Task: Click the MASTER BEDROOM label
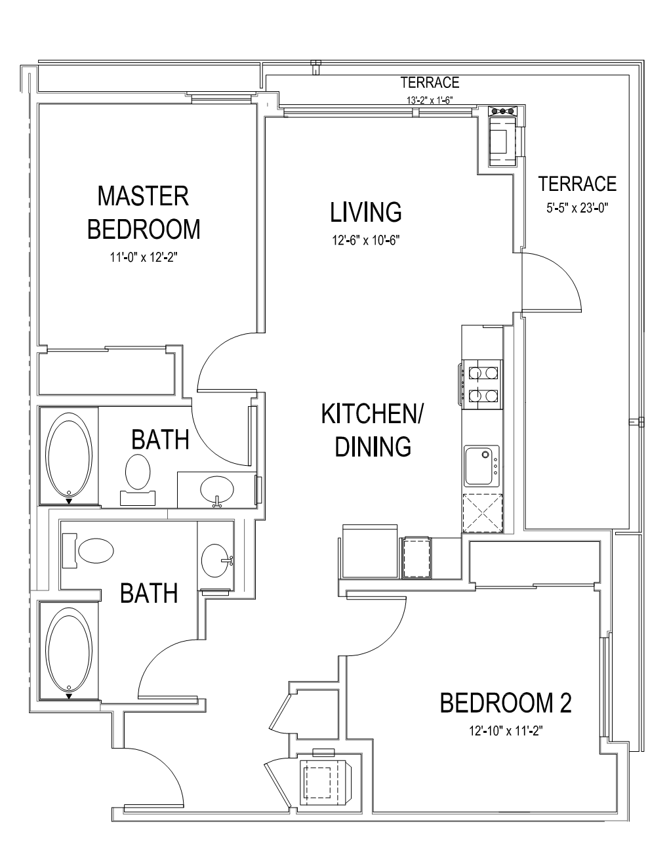pyautogui.click(x=144, y=213)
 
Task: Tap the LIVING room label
pyautogui.click(x=366, y=212)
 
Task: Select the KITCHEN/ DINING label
pyautogui.click(x=373, y=430)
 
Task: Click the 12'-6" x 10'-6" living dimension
pyautogui.click(x=366, y=240)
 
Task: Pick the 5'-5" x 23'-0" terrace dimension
pyautogui.click(x=577, y=208)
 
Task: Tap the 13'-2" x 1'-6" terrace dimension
pyautogui.click(x=430, y=100)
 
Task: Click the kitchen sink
pyautogui.click(x=481, y=466)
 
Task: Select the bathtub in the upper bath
pyautogui.click(x=70, y=456)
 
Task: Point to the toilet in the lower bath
pyautogui.click(x=88, y=551)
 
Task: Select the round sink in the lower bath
pyautogui.click(x=216, y=560)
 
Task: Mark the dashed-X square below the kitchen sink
pyautogui.click(x=483, y=514)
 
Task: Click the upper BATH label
pyautogui.click(x=160, y=440)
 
